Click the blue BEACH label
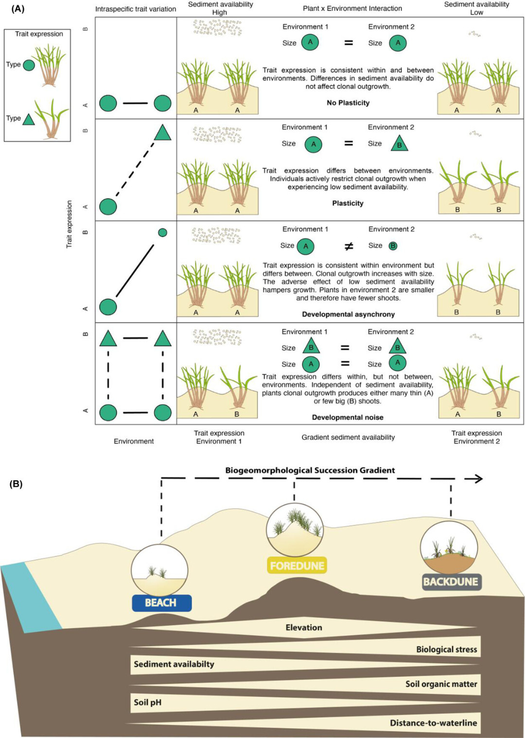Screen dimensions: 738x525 point(161,603)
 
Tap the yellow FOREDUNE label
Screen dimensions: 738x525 point(297,566)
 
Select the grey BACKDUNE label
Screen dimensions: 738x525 point(451,581)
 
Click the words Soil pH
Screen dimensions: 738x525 point(147,702)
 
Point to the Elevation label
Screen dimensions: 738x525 point(304,628)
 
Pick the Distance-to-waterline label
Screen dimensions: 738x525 point(433,723)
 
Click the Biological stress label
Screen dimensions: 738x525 point(446,649)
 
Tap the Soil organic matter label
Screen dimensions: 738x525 point(441,684)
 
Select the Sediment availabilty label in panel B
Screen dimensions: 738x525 point(174,664)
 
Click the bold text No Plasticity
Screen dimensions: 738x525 point(348,103)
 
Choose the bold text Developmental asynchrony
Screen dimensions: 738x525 point(348,314)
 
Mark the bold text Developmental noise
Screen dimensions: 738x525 point(348,417)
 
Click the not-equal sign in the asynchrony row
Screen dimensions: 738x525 point(349,246)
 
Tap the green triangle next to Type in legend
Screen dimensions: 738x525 point(29,119)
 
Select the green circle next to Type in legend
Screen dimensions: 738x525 point(29,65)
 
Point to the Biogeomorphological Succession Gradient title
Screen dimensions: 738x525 point(310,470)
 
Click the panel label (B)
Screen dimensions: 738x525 point(16,484)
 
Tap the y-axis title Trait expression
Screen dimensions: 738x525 point(69,224)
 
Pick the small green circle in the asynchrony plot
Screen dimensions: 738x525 point(163,233)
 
